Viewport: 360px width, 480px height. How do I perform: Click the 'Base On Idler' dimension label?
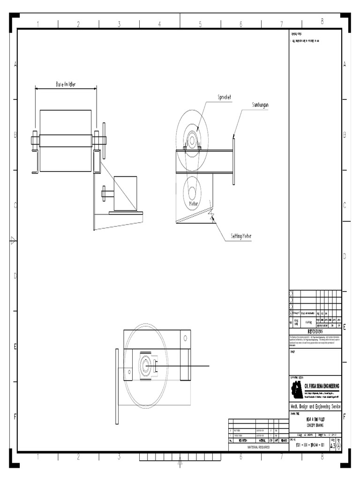pyautogui.click(x=66, y=85)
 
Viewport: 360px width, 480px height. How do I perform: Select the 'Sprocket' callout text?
pyautogui.click(x=225, y=97)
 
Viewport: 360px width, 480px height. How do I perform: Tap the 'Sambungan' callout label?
pyautogui.click(x=260, y=105)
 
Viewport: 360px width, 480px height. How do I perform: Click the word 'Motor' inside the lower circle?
pyautogui.click(x=194, y=204)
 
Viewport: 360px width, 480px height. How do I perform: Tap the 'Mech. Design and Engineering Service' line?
pyautogui.click(x=315, y=405)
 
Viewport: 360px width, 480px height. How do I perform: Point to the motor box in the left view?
pyautogui.click(x=125, y=193)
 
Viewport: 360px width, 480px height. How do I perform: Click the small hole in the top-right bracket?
pyautogui.click(x=186, y=337)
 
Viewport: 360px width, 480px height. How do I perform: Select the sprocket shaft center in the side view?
pyautogui.click(x=192, y=139)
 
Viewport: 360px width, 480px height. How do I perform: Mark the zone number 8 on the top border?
pyautogui.click(x=322, y=21)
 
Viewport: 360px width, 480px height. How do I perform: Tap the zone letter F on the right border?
pyautogui.click(x=345, y=417)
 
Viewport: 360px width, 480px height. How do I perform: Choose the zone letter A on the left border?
pyautogui.click(x=15, y=65)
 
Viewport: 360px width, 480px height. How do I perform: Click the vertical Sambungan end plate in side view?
pyautogui.click(x=233, y=159)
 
